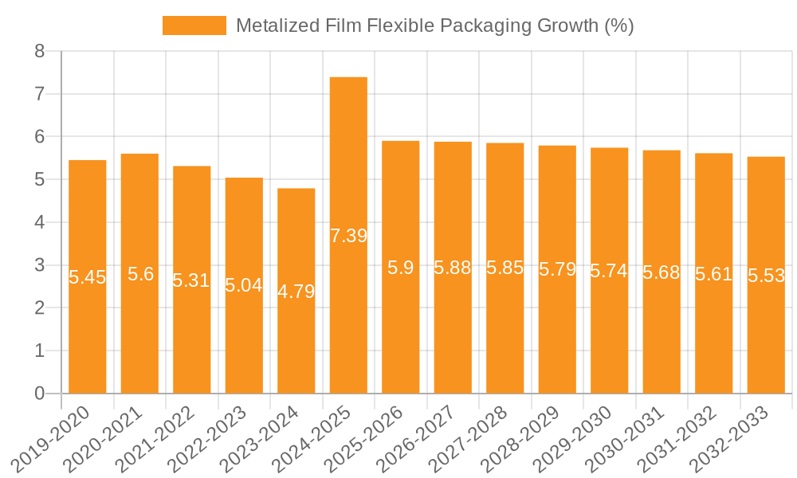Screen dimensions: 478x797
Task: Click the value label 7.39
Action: (348, 236)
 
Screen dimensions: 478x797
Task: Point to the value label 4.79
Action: (296, 292)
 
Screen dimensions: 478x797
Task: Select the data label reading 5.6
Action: (140, 275)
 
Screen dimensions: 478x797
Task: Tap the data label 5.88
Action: (453, 268)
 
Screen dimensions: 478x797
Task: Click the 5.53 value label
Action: (766, 276)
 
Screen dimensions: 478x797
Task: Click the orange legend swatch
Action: (194, 25)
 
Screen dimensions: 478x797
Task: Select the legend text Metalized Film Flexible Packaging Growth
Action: (434, 25)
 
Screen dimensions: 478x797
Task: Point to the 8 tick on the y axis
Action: (39, 52)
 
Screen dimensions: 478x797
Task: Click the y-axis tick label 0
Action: (39, 394)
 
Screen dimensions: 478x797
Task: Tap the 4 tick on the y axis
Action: (39, 222)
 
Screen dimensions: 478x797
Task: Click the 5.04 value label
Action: (244, 285)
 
